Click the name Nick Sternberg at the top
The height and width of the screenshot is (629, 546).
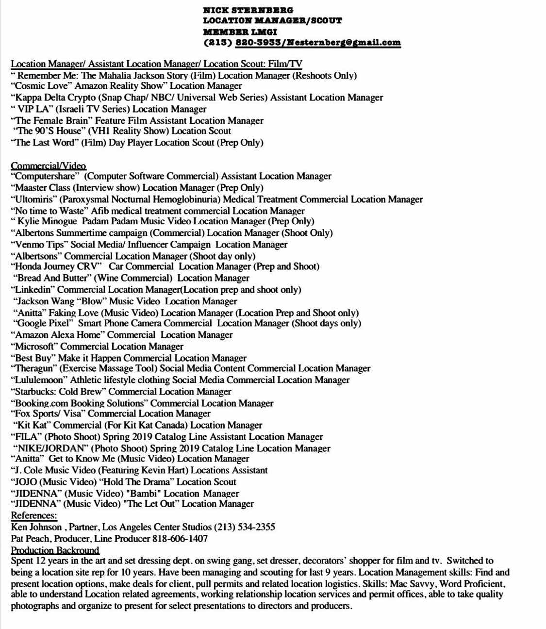click(248, 10)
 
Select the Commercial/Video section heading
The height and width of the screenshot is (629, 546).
click(49, 166)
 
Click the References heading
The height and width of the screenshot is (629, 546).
click(34, 515)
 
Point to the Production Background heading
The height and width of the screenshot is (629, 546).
click(55, 550)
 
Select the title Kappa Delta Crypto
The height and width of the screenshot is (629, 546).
click(49, 98)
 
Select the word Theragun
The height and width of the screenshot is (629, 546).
click(33, 368)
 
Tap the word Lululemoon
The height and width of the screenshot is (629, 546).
click(39, 380)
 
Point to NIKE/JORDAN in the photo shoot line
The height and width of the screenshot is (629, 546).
click(51, 448)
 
